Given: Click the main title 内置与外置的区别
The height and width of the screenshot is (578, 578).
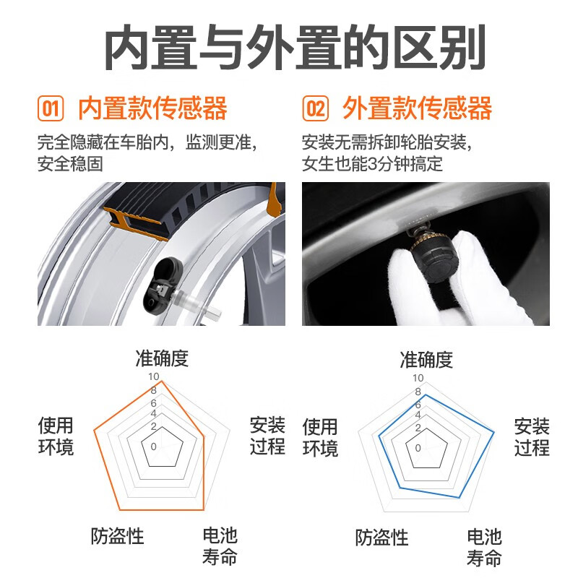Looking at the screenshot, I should (x=289, y=50).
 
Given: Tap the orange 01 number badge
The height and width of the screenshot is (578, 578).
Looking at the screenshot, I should (x=51, y=109).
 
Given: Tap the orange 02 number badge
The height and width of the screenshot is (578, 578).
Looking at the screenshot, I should (x=315, y=109).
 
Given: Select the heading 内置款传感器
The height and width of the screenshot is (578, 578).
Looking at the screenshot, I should (x=152, y=108).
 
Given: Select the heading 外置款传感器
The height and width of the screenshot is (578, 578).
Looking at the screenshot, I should (x=418, y=108).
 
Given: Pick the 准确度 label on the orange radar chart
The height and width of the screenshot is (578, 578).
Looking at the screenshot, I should (x=162, y=358).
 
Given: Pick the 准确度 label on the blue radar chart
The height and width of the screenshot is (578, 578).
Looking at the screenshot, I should (x=426, y=359).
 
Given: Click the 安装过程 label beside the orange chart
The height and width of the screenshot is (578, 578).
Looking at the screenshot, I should (x=267, y=436).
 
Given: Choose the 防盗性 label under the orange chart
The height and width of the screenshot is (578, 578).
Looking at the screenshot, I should (x=118, y=536).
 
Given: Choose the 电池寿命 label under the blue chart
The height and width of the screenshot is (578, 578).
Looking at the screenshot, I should (x=484, y=547).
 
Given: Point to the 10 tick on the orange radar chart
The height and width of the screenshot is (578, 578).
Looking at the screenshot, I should (x=152, y=377).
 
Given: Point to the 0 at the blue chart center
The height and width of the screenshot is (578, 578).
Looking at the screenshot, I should (x=418, y=447).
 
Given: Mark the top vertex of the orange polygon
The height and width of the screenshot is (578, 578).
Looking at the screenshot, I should (x=162, y=381).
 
